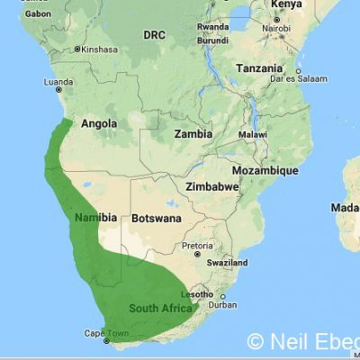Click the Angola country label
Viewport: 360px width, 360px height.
tap(100, 124)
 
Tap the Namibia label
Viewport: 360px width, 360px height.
tap(95, 218)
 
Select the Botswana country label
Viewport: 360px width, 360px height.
tap(156, 218)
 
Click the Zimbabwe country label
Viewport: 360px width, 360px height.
tap(211, 186)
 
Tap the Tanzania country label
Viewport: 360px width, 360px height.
tap(260, 68)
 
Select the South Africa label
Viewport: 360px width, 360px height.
tap(159, 308)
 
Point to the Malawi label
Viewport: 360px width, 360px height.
tap(253, 134)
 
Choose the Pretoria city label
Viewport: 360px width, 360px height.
tap(197, 245)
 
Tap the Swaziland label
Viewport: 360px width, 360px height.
tap(225, 262)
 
